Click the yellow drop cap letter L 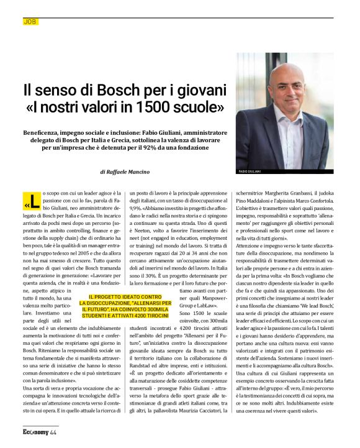(x=34, y=202)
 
